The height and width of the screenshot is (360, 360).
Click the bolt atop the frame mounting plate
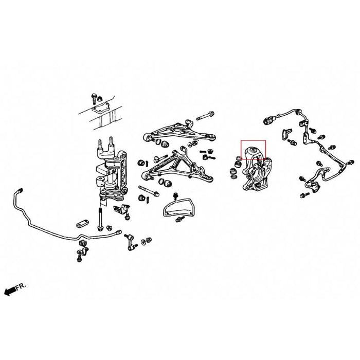point(95,97)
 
